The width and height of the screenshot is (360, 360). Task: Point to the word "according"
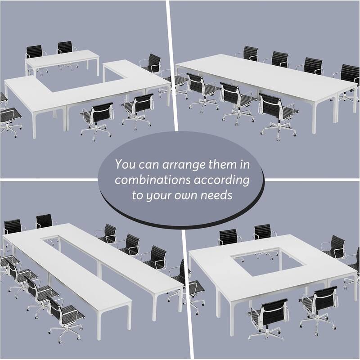point(223,180)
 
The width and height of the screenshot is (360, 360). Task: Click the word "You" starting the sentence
point(124,164)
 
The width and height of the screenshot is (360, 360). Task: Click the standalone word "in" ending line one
point(245,164)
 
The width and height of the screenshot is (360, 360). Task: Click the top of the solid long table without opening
point(265,76)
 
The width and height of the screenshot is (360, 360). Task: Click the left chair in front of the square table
point(268,315)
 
